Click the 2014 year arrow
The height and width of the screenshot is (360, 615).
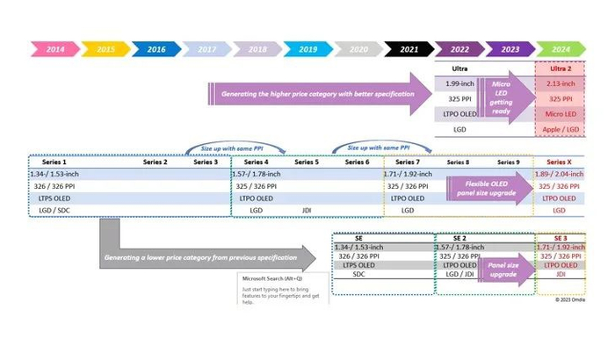(55, 49)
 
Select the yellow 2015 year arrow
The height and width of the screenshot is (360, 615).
(106, 49)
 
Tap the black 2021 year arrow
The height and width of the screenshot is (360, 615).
(409, 49)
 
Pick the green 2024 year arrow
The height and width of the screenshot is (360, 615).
(561, 49)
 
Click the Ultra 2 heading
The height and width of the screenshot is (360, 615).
(561, 68)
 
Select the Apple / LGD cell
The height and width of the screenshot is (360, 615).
(561, 129)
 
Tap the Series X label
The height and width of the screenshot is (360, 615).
(560, 162)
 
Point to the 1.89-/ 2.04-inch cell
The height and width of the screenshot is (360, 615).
(561, 175)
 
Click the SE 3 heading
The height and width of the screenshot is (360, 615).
(559, 238)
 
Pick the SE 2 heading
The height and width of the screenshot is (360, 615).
(459, 238)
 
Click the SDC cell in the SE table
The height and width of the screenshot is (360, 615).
(358, 274)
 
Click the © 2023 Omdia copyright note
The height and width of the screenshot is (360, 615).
(568, 299)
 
